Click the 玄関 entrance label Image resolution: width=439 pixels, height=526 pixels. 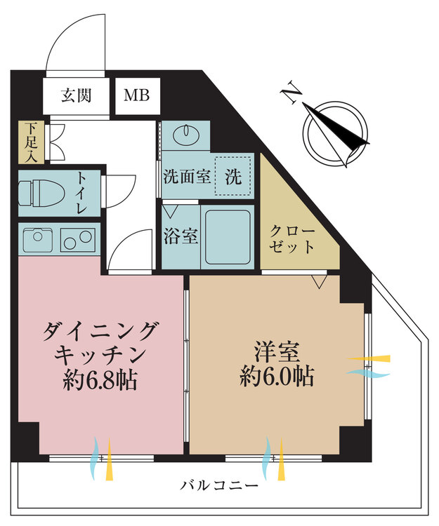77,95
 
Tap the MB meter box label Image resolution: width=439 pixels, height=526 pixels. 136,95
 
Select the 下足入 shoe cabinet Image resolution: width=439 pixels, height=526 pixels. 31,142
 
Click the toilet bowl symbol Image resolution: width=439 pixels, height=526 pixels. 41,194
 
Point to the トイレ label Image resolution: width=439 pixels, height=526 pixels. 82,194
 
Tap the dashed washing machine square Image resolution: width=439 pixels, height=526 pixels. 233,177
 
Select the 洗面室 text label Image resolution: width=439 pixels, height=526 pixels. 187,177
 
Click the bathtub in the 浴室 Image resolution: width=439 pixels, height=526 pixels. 228,237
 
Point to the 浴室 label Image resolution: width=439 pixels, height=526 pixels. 181,236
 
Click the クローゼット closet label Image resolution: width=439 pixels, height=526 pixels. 292,239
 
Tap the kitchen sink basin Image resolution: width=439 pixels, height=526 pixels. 38,240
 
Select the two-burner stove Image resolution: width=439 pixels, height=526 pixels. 78,240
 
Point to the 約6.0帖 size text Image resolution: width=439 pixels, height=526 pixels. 277,377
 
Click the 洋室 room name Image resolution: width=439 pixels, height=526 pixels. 277,351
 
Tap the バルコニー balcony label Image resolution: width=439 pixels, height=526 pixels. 219,485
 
